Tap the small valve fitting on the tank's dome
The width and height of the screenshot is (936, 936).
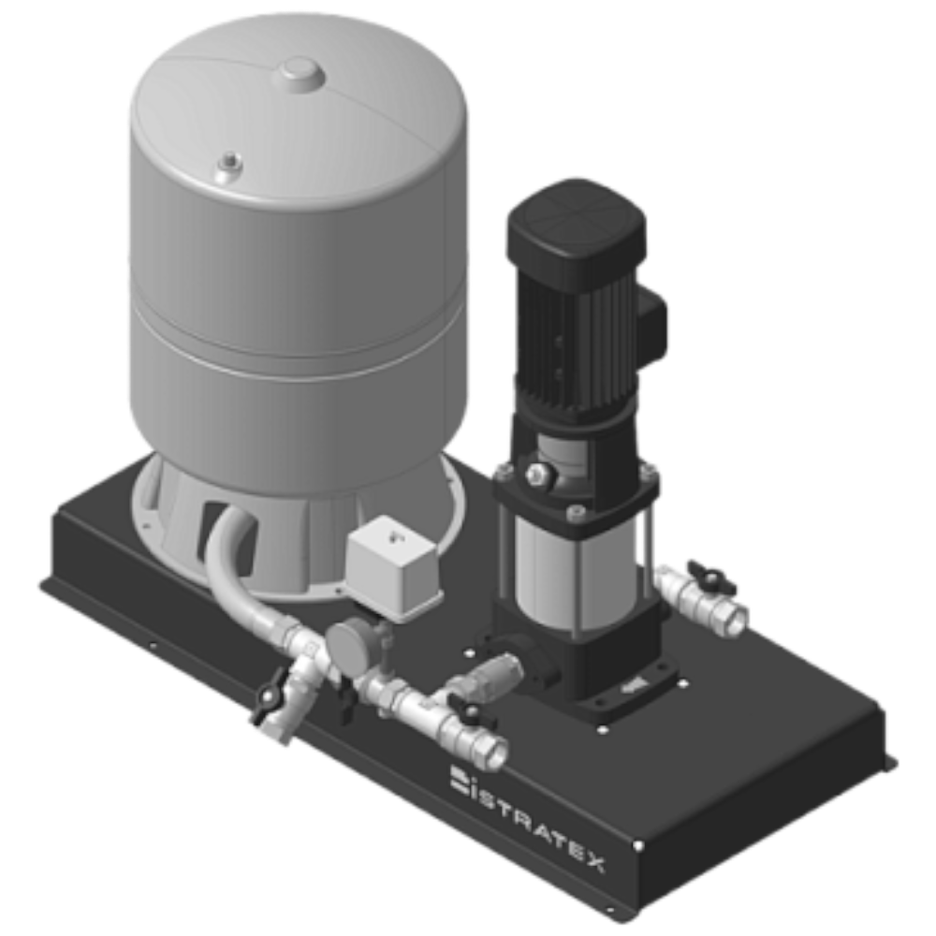[229, 168]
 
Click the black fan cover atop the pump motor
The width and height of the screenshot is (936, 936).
[576, 224]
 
